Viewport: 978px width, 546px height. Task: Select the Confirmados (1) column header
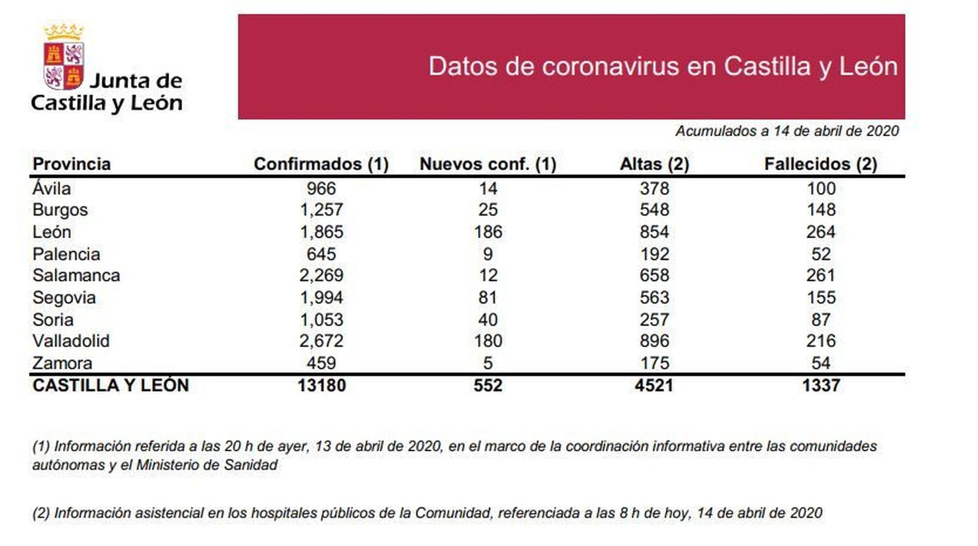click(321, 164)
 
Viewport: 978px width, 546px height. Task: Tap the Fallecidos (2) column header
click(820, 164)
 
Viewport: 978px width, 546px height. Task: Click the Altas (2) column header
click(654, 164)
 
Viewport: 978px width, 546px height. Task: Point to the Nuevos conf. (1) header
click(488, 164)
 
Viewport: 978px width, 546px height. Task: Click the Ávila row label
click(52, 189)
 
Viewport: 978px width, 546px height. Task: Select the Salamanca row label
click(76, 275)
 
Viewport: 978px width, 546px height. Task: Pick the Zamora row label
click(62, 363)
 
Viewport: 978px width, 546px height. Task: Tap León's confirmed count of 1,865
click(322, 232)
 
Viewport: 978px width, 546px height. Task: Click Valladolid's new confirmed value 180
click(488, 341)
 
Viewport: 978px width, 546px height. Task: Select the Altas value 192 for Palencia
click(655, 254)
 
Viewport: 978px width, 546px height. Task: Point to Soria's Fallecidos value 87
click(821, 320)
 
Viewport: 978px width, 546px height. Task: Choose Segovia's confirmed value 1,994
click(322, 298)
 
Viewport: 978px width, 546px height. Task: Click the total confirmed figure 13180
click(322, 385)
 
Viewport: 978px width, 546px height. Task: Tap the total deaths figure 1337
click(821, 385)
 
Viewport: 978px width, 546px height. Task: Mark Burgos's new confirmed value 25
click(488, 210)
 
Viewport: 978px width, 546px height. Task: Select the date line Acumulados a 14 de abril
click(787, 131)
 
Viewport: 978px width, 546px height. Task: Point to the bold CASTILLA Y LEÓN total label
click(111, 385)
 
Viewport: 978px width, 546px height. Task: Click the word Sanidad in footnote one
click(250, 465)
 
